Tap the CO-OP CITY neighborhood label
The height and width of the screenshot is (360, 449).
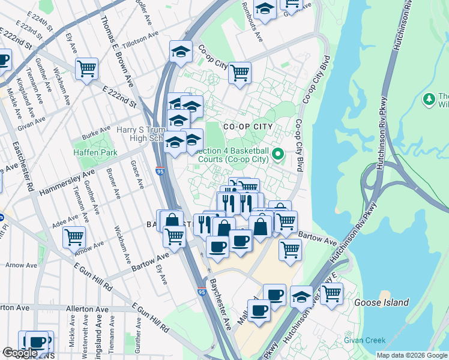248,127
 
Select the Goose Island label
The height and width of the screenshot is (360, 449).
381,302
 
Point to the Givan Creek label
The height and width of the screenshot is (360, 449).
364,340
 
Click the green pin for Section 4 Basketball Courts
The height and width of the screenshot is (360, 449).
277,155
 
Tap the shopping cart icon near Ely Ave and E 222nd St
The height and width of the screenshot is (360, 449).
87,70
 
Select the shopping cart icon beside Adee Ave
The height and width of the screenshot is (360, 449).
74,237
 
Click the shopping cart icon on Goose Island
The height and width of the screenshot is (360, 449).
331,294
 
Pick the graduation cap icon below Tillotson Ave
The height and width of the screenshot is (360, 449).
180,52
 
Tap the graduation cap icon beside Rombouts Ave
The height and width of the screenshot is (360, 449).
264,10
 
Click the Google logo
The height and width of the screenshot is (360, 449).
20,353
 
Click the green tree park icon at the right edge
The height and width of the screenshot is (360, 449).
429,98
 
